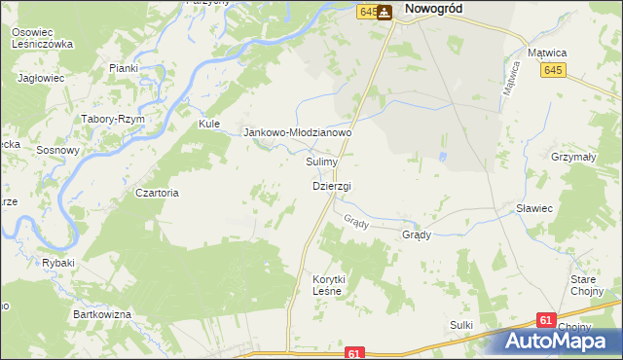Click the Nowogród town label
tap(433, 8)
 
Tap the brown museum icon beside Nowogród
tap(385, 12)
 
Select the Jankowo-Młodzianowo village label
tap(296, 132)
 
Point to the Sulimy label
tap(321, 162)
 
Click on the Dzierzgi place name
tap(331, 185)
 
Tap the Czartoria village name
tap(158, 193)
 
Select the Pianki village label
tap(124, 68)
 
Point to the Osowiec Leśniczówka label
tap(42, 38)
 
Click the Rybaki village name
tap(57, 263)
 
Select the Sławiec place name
tap(534, 208)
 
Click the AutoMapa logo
tap(563, 340)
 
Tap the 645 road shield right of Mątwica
tap(554, 70)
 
